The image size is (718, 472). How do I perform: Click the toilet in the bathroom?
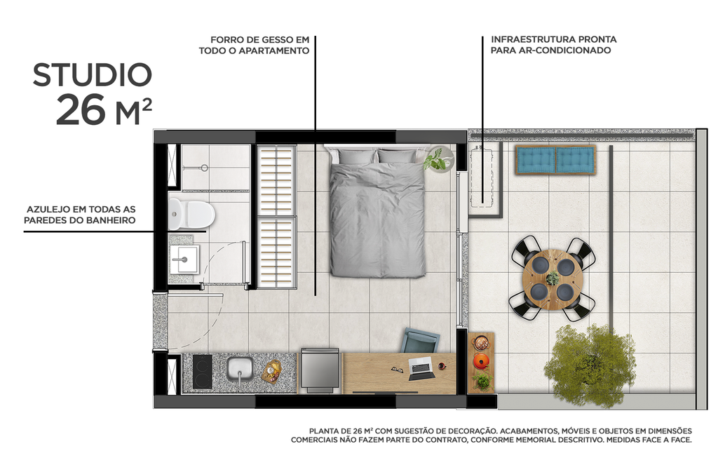pyautogui.click(x=191, y=214)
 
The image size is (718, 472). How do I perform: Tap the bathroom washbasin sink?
pyautogui.click(x=184, y=260)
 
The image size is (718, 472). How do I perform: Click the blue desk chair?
pyautogui.click(x=421, y=342)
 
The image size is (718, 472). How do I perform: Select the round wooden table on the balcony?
pyautogui.click(x=553, y=278)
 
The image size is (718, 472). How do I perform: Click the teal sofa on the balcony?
pyautogui.click(x=555, y=160)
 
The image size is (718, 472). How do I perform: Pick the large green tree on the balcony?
pyautogui.click(x=590, y=365)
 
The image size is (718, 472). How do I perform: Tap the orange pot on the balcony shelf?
pyautogui.click(x=481, y=361)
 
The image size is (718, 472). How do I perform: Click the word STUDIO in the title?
pyautogui.click(x=92, y=75)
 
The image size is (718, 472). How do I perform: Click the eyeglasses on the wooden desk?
pyautogui.click(x=397, y=369)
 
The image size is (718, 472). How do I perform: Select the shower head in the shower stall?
pyautogui.click(x=203, y=168)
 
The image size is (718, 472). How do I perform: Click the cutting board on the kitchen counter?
pyautogui.click(x=271, y=370)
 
